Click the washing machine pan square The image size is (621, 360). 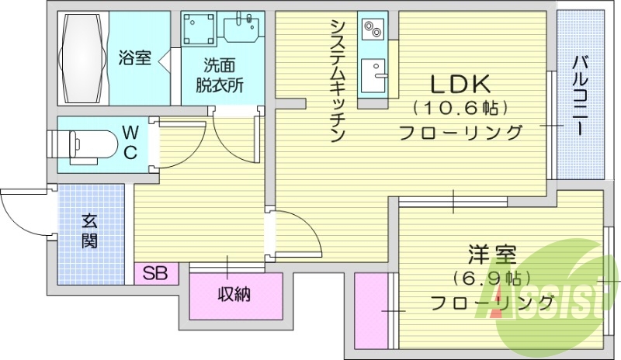click(x=199, y=30)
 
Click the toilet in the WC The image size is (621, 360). click(x=78, y=144)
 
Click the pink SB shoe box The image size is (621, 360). click(x=156, y=273)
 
